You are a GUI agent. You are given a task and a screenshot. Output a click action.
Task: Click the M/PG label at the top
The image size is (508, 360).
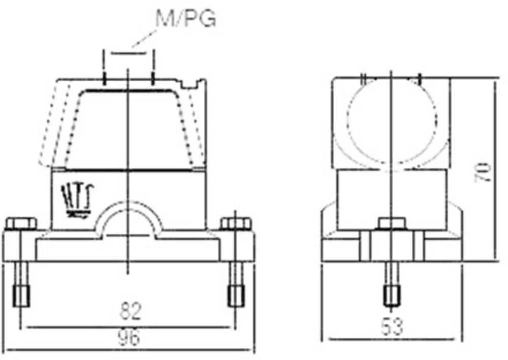[x=185, y=18]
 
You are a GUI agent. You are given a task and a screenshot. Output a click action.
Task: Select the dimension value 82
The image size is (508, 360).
[x=130, y=310]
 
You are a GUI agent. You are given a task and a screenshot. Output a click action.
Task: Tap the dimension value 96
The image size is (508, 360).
[x=129, y=337]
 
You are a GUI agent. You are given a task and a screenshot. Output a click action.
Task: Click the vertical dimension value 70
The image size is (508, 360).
[x=483, y=173]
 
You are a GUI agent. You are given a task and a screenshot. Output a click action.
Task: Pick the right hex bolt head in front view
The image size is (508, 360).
[x=236, y=223]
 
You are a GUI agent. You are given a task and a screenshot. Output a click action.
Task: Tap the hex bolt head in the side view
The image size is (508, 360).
[x=391, y=223]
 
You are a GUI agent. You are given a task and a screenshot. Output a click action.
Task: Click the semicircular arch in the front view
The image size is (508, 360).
[x=129, y=218]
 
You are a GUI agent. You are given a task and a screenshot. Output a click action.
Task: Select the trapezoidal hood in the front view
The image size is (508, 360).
[x=129, y=127]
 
